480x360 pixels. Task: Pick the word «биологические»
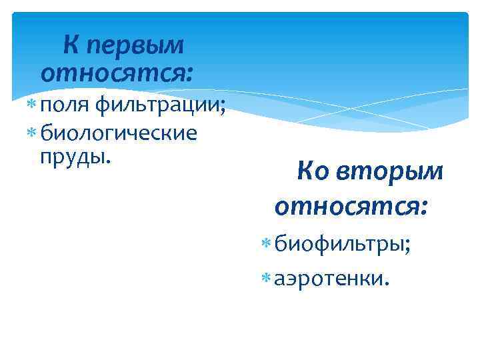(119, 133)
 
